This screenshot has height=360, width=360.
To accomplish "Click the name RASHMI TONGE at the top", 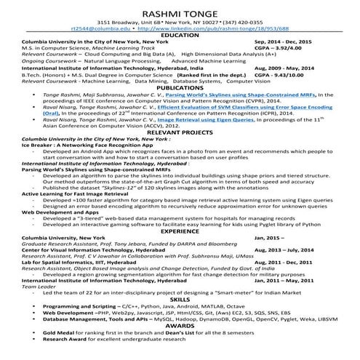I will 180,9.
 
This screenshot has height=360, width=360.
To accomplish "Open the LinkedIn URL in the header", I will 215,28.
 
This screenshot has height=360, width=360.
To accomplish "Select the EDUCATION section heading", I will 180,35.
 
